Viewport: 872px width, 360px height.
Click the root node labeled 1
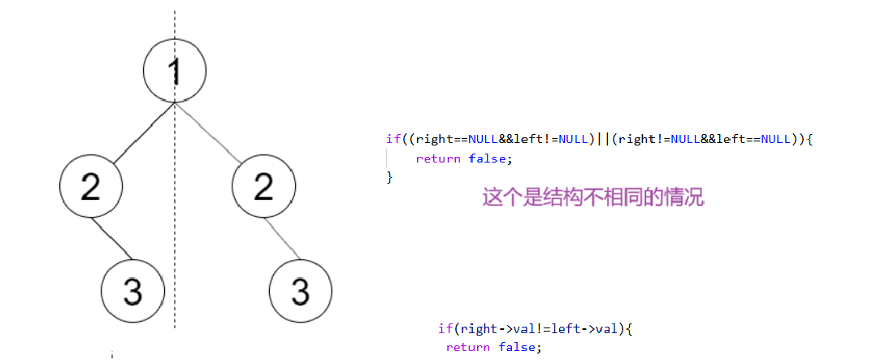click(x=174, y=72)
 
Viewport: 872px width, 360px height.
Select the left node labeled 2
click(x=91, y=185)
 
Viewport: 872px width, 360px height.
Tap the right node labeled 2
click(x=262, y=185)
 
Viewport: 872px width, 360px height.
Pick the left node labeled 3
click(x=132, y=290)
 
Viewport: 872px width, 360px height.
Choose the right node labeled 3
click(x=301, y=290)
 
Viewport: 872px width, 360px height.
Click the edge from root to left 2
click(x=140, y=135)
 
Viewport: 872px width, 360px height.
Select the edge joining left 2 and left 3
click(x=111, y=239)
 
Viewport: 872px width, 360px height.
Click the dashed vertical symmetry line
click(x=174, y=244)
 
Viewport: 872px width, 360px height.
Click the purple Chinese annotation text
click(x=593, y=198)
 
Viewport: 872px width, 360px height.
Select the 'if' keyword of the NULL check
click(x=393, y=140)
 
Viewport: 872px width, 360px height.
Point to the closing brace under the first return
click(x=389, y=176)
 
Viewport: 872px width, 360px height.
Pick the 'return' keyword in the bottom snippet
click(x=467, y=347)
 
